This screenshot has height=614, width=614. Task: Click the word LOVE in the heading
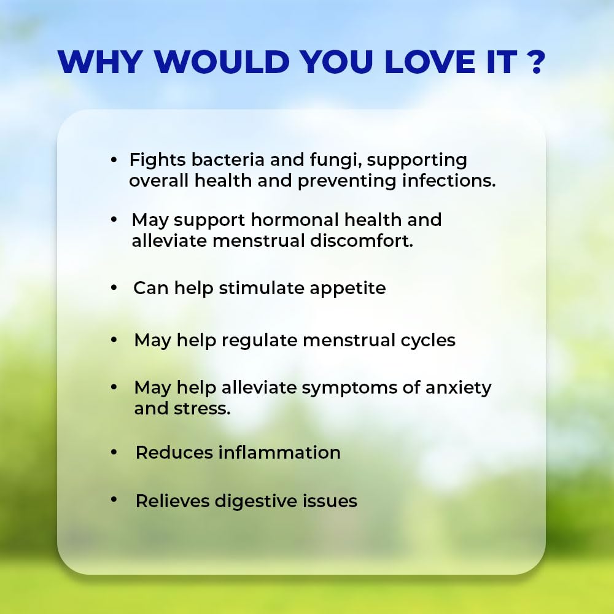tap(430, 61)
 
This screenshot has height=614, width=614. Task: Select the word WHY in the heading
tap(100, 61)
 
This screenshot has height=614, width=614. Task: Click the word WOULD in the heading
tap(222, 61)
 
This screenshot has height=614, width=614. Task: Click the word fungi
tap(336, 160)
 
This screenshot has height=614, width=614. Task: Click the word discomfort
tap(362, 241)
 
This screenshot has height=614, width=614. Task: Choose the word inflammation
tap(279, 453)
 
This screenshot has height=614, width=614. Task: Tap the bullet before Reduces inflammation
tap(114, 453)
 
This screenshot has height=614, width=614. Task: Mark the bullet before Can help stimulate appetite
tap(114, 288)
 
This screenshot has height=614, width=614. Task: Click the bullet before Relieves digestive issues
tap(114, 499)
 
